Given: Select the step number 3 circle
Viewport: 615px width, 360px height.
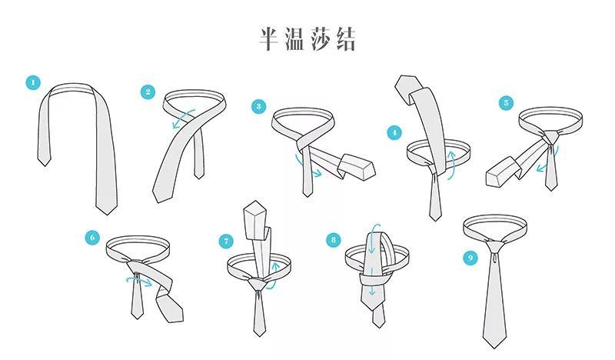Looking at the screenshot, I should click(259, 107).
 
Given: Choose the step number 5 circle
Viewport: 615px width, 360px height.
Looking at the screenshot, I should click(505, 102).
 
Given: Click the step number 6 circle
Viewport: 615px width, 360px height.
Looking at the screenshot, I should click(93, 238).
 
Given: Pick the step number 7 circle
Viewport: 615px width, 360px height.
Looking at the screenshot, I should click(227, 241).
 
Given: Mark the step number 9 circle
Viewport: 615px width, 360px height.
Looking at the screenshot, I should click(470, 258).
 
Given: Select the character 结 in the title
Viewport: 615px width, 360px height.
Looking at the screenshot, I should click(345, 39).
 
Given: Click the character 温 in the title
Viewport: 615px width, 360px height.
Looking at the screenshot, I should click(294, 39).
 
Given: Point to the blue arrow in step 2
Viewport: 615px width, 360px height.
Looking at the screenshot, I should click(181, 119).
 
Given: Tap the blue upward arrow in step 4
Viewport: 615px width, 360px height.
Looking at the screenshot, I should click(452, 163).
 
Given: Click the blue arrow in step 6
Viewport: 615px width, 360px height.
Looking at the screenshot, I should click(139, 281).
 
